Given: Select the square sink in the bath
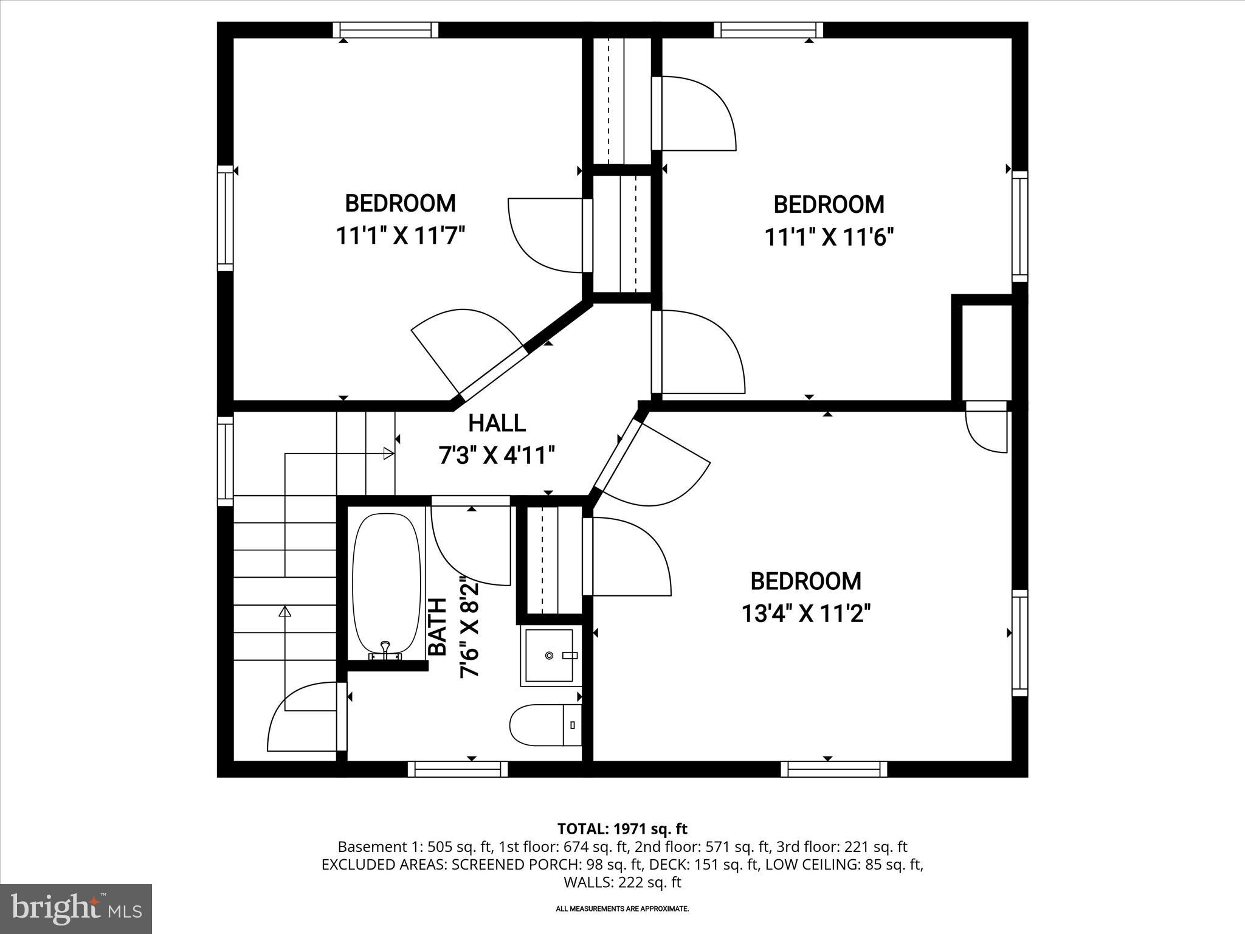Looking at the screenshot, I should point(549,656).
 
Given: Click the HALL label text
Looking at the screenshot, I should point(497,423).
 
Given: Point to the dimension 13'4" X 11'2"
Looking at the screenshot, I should point(805,614).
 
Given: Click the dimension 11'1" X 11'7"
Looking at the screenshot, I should point(401,235).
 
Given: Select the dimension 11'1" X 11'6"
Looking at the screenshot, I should point(829,237).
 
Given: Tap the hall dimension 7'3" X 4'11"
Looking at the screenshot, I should point(497,455).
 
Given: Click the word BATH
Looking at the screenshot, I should point(438,626).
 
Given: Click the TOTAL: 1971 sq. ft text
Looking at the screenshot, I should point(622,829).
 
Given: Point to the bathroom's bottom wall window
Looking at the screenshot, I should point(458,769).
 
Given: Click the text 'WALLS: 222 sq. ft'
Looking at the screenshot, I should point(622,882).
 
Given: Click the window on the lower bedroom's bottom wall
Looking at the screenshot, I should point(833,769).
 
